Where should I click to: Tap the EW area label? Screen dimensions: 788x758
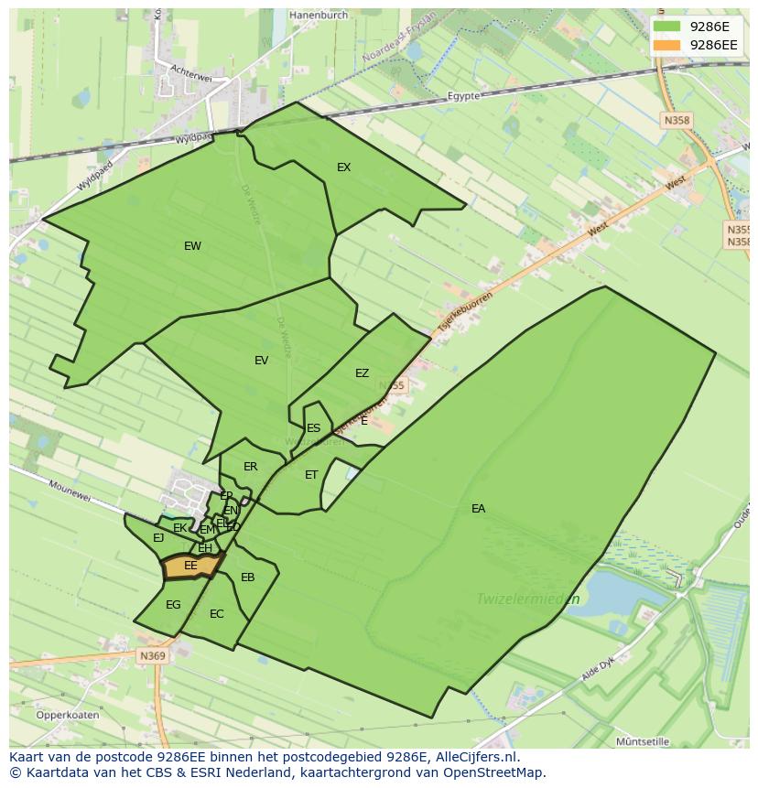tap(192, 246)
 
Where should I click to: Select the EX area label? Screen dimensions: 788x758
tap(343, 167)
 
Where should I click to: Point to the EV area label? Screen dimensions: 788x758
tap(261, 361)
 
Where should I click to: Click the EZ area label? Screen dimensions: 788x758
tap(362, 373)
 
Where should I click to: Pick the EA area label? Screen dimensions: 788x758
tap(478, 509)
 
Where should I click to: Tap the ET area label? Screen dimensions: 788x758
tap(311, 475)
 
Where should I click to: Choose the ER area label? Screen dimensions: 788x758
tap(250, 467)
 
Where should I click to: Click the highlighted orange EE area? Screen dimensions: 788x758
tap(190, 567)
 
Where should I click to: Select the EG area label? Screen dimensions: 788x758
tap(173, 605)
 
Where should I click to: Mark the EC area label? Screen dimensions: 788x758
tap(216, 614)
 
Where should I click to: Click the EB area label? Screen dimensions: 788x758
tap(247, 578)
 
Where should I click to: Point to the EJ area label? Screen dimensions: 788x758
tap(158, 538)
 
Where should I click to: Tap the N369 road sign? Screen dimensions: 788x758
tap(152, 656)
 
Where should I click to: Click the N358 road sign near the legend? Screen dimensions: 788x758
tap(677, 120)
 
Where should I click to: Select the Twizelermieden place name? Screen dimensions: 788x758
tap(527, 599)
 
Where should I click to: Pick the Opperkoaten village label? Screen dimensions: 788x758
tap(68, 715)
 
